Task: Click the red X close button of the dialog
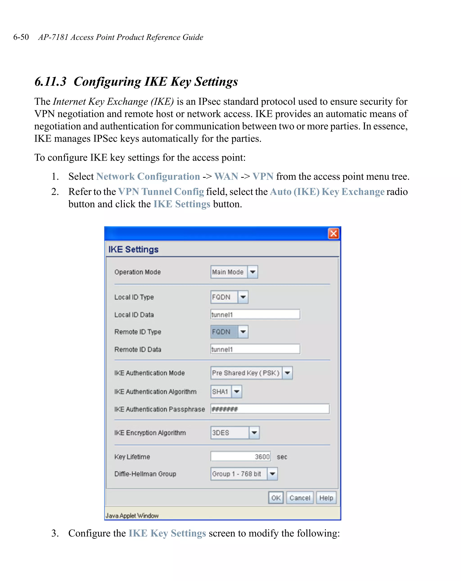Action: [x=333, y=233]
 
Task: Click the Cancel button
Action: [x=299, y=498]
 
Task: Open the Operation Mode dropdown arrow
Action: [x=253, y=272]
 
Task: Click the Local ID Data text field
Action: [x=255, y=314]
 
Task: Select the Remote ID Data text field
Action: [x=255, y=349]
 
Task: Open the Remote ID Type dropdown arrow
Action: [x=243, y=332]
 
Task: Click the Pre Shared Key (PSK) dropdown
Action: [x=251, y=373]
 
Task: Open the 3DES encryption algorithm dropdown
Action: [x=235, y=433]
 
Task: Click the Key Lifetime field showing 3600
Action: [x=240, y=456]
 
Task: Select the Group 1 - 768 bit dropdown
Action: [x=244, y=474]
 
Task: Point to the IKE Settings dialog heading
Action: [x=133, y=249]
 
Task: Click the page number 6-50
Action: [x=21, y=37]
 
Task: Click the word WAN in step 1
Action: [x=226, y=177]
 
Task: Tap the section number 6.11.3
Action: [x=50, y=82]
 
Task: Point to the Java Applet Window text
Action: [x=132, y=515]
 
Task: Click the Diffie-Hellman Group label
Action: [x=145, y=474]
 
